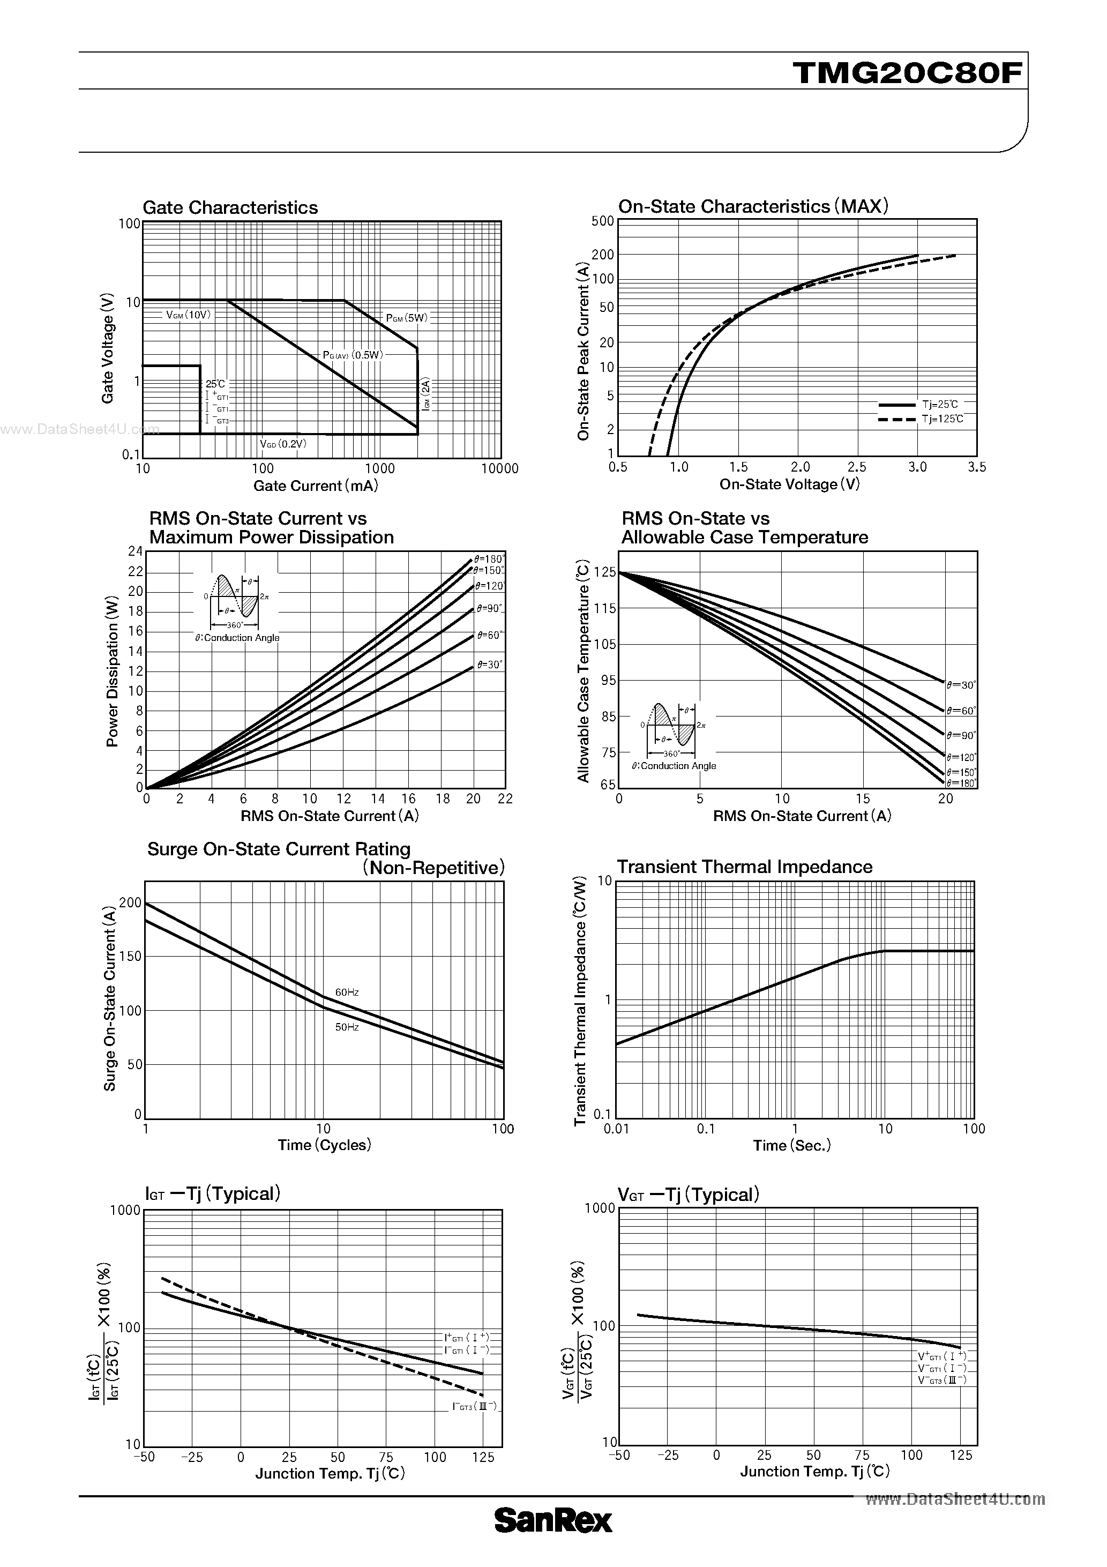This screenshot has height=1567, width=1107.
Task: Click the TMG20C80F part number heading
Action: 907,73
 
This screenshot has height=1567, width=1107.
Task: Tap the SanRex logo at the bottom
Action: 553,1540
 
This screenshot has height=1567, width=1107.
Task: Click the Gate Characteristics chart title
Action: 230,207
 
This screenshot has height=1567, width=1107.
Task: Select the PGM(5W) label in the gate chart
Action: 407,318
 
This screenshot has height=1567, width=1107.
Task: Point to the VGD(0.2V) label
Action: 283,444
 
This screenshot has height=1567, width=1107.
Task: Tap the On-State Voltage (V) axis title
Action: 790,484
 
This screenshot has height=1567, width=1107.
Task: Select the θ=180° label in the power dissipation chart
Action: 489,559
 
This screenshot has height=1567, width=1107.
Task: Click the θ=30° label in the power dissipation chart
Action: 489,664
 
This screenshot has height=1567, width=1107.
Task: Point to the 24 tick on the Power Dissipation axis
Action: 135,551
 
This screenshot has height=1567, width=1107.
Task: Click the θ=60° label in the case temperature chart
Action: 961,711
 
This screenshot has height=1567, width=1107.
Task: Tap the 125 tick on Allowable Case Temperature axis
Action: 605,572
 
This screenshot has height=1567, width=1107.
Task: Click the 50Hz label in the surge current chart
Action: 347,1026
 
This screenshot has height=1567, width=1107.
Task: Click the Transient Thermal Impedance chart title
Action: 745,867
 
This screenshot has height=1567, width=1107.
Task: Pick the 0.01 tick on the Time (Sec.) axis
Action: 616,1129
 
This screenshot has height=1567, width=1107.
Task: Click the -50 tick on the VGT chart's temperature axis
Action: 619,1455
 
